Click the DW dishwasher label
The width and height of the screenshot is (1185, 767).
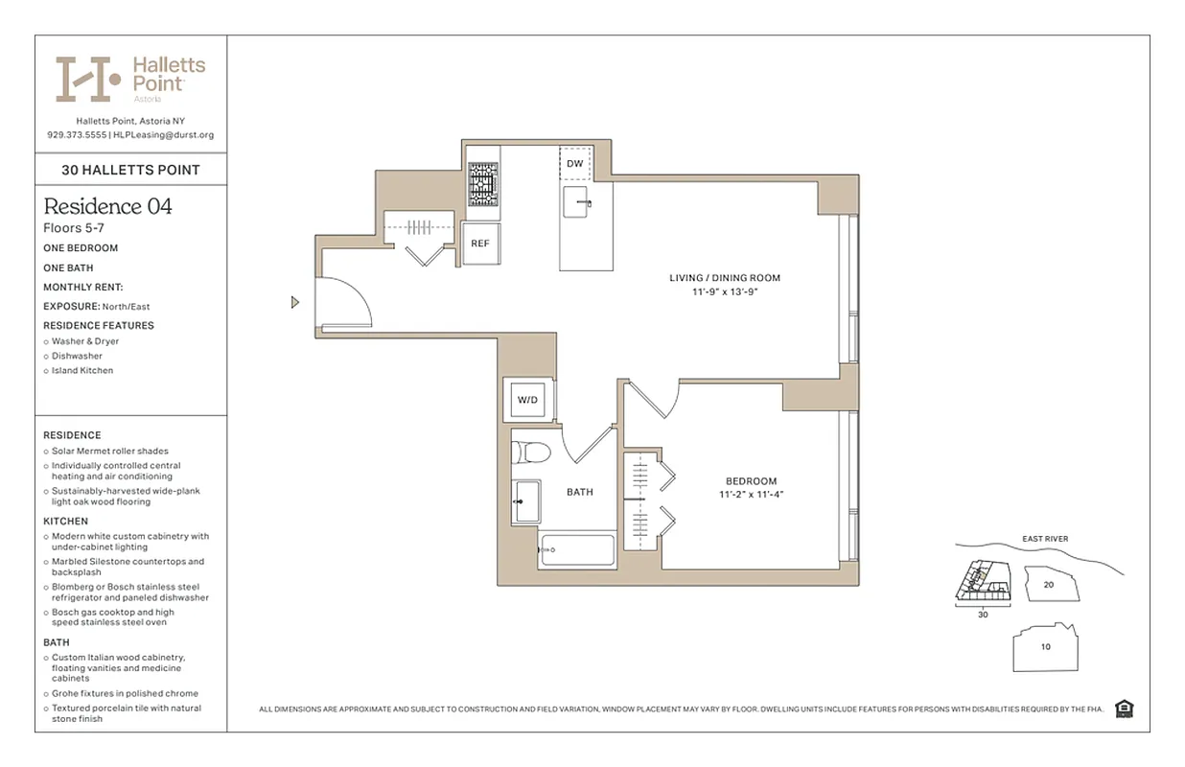click(x=574, y=164)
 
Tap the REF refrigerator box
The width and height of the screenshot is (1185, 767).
click(x=480, y=243)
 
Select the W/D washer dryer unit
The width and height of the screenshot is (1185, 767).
click(x=528, y=399)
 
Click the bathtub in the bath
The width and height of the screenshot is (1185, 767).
click(x=576, y=550)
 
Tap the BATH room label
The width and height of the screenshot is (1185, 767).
click(x=579, y=492)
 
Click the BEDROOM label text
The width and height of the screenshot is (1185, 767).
click(x=751, y=481)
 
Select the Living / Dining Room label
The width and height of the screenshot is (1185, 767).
click(x=725, y=278)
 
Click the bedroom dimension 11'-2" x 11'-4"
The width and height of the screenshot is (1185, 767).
click(x=751, y=495)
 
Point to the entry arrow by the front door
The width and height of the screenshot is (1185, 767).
click(x=295, y=303)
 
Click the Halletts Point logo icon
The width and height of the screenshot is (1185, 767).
click(x=87, y=79)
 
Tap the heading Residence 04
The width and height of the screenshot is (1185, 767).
click(x=107, y=206)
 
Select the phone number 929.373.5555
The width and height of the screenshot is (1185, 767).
click(x=77, y=135)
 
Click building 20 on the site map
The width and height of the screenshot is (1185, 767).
click(x=1049, y=584)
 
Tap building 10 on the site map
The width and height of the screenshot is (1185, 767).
click(x=1045, y=647)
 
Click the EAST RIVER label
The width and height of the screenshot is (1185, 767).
click(x=1044, y=539)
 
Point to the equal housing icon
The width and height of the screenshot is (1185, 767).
click(x=1124, y=709)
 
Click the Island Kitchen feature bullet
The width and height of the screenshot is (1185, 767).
click(x=82, y=370)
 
